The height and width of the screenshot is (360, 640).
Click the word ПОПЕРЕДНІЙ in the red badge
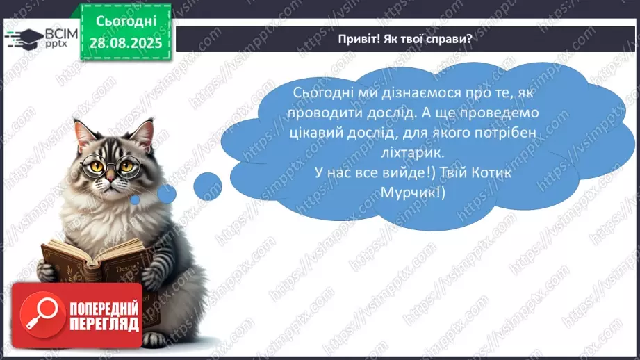(x=105, y=308)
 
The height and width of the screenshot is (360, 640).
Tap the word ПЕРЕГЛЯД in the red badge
(x=105, y=324)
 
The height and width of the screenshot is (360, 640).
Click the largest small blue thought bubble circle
(x=207, y=186)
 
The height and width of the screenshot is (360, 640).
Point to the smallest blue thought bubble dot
(x=136, y=200)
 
